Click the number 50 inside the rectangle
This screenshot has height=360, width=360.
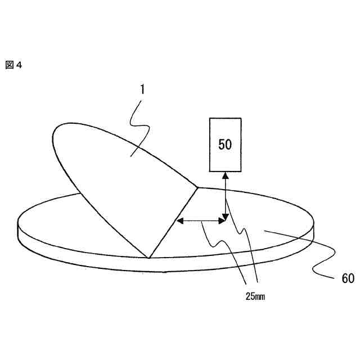click(x=225, y=144)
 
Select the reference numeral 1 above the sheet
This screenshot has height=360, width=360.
click(x=143, y=89)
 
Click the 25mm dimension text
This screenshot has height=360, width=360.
click(x=255, y=296)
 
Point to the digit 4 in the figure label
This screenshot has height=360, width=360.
click(x=19, y=65)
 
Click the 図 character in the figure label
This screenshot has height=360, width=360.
click(x=9, y=65)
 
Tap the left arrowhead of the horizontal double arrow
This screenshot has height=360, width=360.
click(x=180, y=220)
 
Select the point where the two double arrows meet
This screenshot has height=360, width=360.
click(x=225, y=220)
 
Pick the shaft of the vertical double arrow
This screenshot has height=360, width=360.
click(x=225, y=197)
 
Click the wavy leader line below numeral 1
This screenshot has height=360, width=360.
click(x=138, y=124)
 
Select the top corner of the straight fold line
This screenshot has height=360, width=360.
click(x=197, y=187)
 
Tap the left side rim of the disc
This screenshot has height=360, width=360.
click(x=19, y=231)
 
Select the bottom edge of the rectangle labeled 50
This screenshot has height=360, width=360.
click(x=225, y=171)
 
